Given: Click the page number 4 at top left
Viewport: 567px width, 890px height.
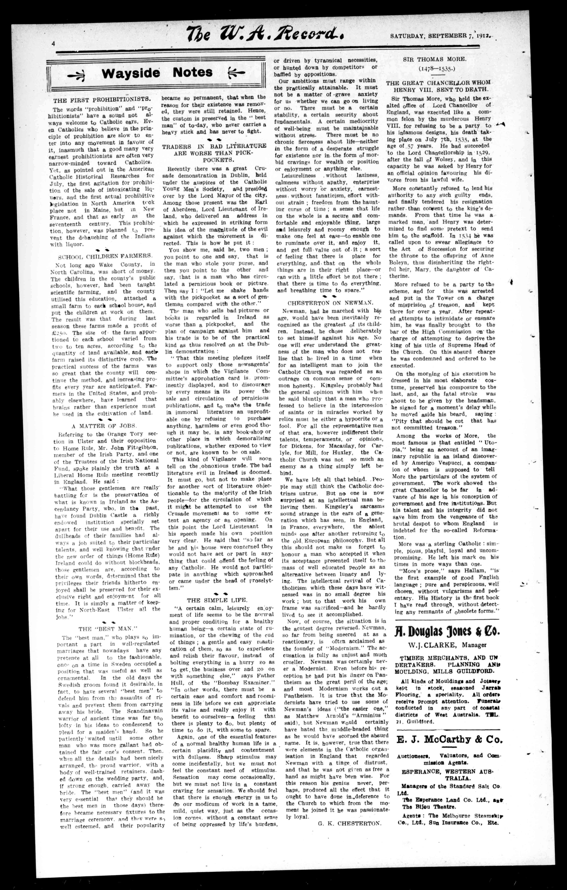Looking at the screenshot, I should coord(53,43).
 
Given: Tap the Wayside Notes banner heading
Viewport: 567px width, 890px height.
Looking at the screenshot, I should coord(157,72).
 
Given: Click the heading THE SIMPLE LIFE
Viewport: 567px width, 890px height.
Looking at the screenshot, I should coord(217,600).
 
